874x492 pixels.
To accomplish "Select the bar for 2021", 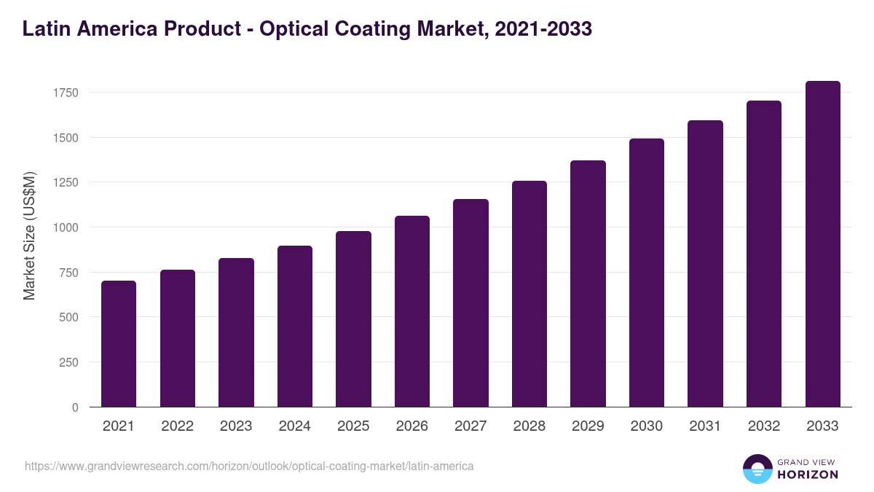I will coord(119,343).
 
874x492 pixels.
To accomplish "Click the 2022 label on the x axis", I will coord(177,426).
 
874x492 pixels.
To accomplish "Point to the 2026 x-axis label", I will coord(412,426).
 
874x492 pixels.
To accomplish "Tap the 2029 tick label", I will coord(588,426).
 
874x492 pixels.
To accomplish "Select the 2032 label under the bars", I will coord(764,426).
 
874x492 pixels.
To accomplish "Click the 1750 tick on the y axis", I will coord(65,93).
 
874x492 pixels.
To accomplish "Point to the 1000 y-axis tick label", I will coord(65,227).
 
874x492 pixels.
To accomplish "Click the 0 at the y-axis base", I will coord(74,407).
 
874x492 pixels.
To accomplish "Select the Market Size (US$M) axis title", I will coord(29,235).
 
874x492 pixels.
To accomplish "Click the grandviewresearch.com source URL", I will coord(249,466).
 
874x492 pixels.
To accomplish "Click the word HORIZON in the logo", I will coord(808,475).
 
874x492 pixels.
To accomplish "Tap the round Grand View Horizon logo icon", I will coord(757,469).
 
